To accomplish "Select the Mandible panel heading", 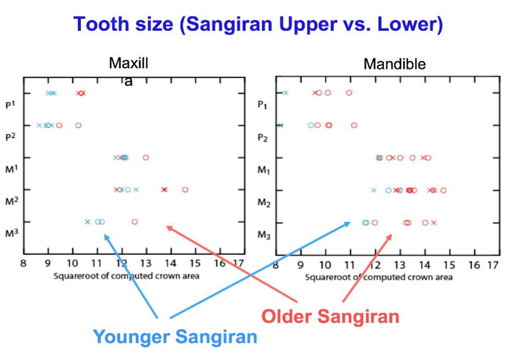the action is click(395, 64).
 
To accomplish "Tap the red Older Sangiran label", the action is click(330, 316).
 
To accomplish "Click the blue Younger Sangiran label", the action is click(175, 336).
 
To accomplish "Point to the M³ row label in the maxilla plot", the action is click(11, 233).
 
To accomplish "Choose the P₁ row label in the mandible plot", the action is click(262, 105).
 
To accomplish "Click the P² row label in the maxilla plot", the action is click(11, 137).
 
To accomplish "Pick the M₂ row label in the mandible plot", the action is click(264, 202).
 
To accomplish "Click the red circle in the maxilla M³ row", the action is click(135, 222).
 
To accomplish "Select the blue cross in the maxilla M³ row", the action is click(88, 222).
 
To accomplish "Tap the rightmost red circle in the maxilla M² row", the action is click(185, 190).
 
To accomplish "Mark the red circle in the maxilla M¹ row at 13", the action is click(146, 158).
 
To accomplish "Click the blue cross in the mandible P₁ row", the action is click(286, 93).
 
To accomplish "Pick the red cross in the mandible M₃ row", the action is click(434, 223).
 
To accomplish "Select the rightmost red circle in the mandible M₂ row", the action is click(444, 190).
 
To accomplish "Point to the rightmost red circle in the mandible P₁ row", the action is click(349, 93).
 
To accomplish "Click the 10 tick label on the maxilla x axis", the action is click(73, 263).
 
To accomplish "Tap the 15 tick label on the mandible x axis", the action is click(450, 265).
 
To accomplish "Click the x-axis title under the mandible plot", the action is click(379, 277).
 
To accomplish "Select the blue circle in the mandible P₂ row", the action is click(311, 125).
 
